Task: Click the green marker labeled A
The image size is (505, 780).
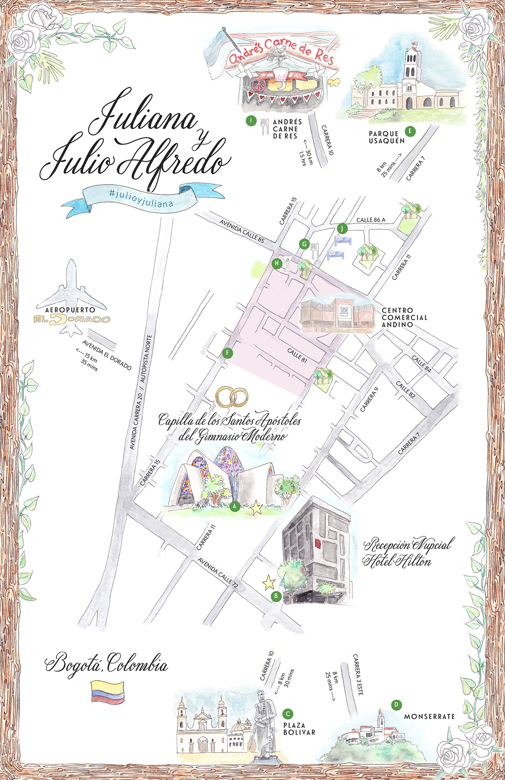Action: point(235,506)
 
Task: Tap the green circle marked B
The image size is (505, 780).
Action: point(276,596)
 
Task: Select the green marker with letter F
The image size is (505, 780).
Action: point(227,353)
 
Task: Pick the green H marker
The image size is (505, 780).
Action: point(276,263)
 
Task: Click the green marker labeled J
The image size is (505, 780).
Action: point(342,228)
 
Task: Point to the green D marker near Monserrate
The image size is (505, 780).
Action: point(396,705)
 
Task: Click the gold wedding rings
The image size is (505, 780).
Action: point(232,397)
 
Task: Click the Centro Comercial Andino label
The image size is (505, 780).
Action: point(404,318)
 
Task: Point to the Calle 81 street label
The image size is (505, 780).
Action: point(297,355)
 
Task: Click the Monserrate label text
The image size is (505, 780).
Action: point(429,716)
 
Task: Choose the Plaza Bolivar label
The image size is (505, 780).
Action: point(299,729)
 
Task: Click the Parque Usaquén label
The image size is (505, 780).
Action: point(387,137)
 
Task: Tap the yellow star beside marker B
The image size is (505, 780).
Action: point(269,583)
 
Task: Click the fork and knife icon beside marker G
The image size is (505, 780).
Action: point(314,250)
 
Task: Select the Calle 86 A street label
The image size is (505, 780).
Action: point(371,220)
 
